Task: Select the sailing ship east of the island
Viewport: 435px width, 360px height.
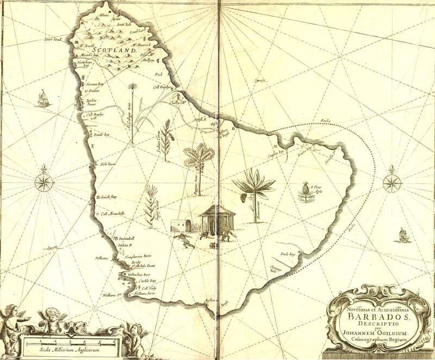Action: pyautogui.click(x=402, y=234)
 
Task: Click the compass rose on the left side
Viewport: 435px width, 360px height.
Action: pyautogui.click(x=43, y=182)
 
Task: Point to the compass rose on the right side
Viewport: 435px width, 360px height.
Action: pyautogui.click(x=391, y=182)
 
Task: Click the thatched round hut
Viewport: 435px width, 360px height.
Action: pyautogui.click(x=216, y=220)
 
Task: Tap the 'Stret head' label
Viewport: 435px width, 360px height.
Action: pyautogui.click(x=54, y=39)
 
